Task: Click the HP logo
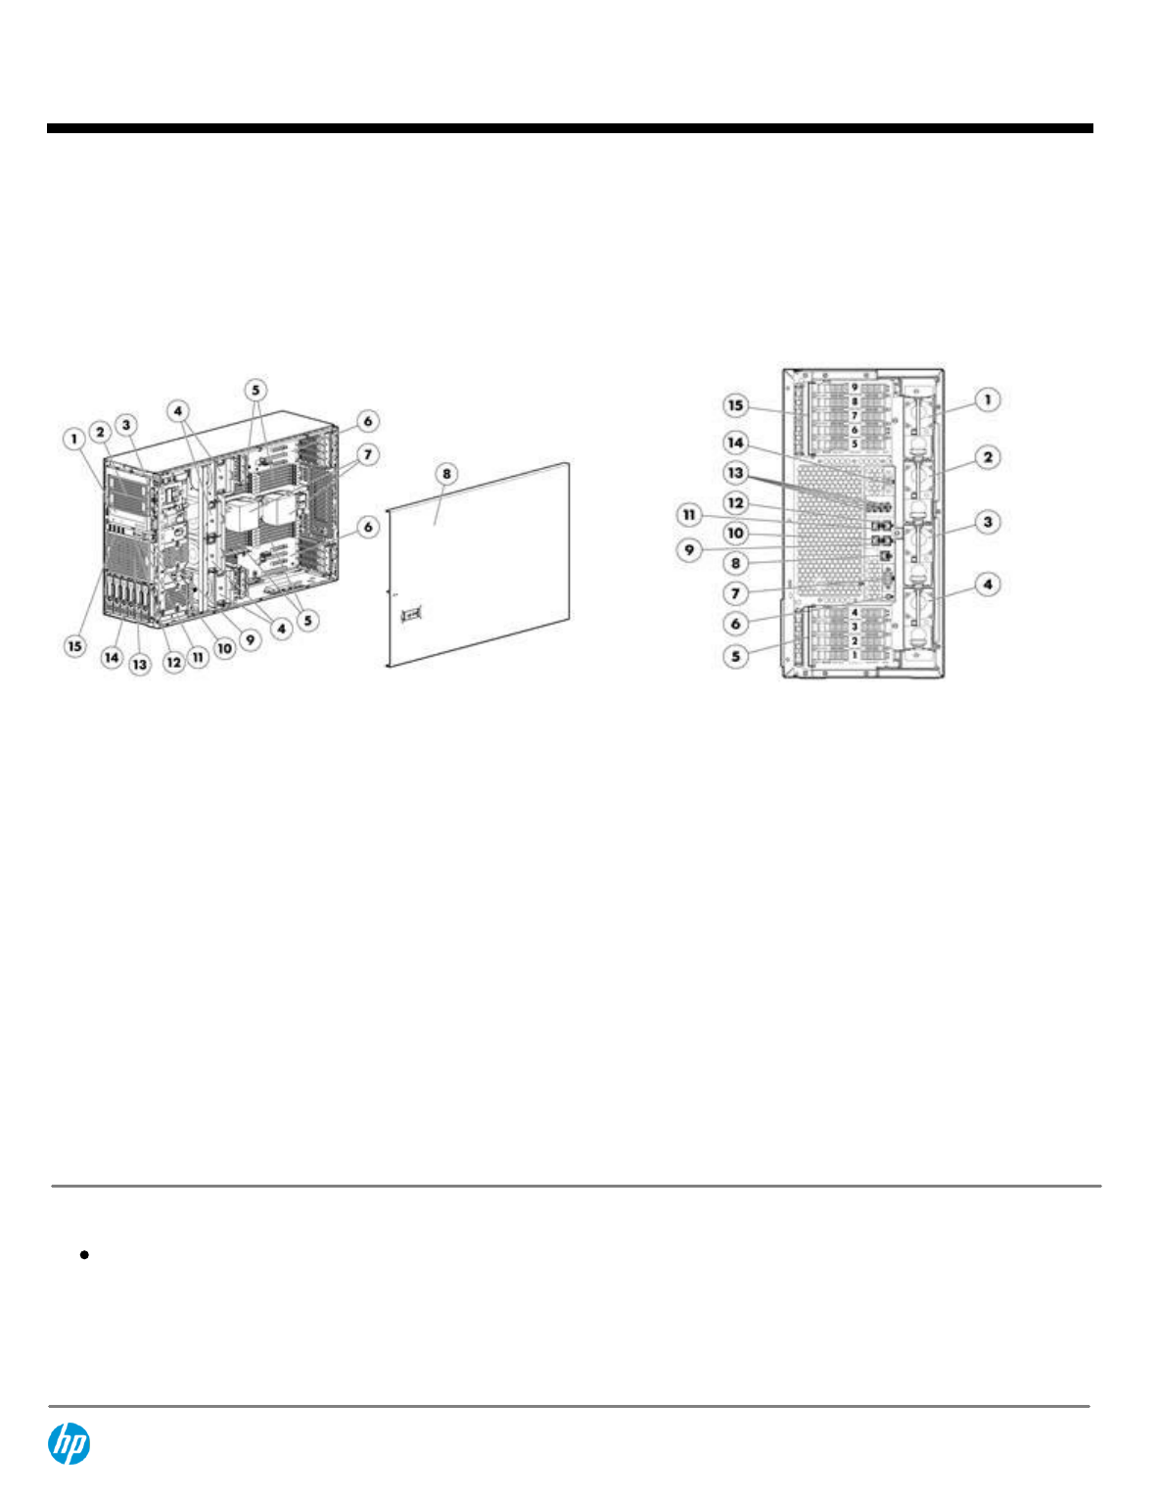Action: tap(70, 1444)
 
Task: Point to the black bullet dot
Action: tap(86, 1254)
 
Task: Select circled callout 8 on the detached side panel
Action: tap(446, 474)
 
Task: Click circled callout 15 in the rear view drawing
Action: tap(735, 405)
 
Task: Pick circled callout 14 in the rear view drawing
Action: tap(735, 443)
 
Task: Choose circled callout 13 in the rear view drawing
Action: tap(735, 473)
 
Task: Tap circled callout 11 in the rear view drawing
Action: tap(689, 514)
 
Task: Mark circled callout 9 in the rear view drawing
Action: tap(689, 549)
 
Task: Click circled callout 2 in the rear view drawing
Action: tap(988, 456)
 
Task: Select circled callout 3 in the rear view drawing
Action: tap(988, 522)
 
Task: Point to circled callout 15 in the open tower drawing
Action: tap(75, 646)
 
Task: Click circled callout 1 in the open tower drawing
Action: tap(74, 439)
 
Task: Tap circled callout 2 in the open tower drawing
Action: tap(100, 432)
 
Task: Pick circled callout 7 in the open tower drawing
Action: tap(368, 454)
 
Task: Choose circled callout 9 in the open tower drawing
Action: tap(251, 639)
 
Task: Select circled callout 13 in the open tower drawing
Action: tap(140, 664)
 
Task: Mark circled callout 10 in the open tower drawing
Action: tap(224, 648)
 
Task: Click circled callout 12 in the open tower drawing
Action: tap(173, 663)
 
